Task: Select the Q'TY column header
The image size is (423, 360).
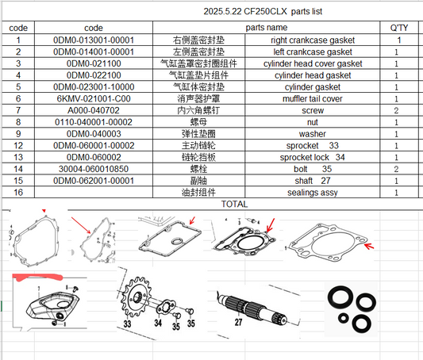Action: coord(399,27)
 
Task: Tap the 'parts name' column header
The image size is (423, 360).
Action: coord(267,27)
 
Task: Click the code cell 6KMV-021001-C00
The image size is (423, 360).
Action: coord(93,99)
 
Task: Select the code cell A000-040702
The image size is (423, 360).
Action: coord(93,111)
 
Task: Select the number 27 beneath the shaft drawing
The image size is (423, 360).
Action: coord(236,324)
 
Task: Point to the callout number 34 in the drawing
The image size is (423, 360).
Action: coord(157,324)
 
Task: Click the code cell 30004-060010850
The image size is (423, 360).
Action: coord(93,170)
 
